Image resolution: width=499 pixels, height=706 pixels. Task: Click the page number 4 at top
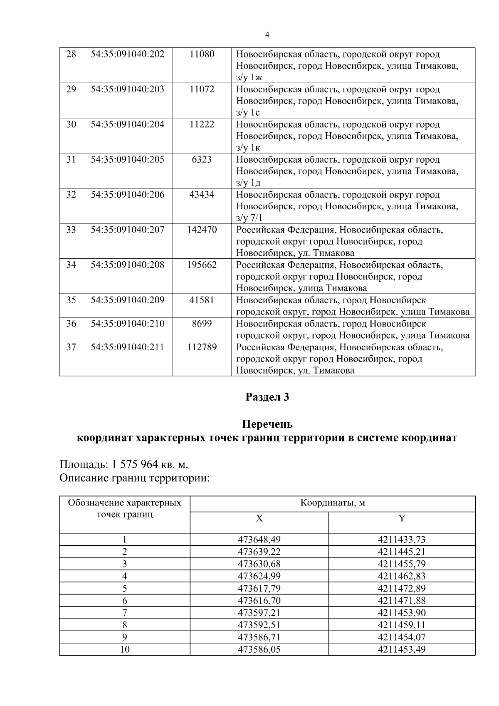[x=267, y=35]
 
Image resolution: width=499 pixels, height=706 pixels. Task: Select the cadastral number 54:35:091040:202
[x=127, y=54]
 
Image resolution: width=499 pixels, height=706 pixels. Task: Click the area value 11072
[x=202, y=89]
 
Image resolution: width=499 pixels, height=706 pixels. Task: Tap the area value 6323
[x=202, y=159]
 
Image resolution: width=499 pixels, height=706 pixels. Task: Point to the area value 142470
[x=202, y=230]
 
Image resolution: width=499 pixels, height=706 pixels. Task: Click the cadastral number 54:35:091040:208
[x=127, y=265]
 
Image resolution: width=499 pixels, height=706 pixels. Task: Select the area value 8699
[x=202, y=323]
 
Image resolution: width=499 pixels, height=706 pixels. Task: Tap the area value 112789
[x=202, y=347]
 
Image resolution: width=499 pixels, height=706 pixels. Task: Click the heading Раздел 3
[x=267, y=397]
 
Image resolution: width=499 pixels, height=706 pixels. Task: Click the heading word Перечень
[x=267, y=424]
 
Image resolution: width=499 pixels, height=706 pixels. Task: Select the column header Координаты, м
[x=332, y=503]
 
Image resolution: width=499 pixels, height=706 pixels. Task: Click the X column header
[x=259, y=518]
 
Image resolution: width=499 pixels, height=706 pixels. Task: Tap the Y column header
[x=402, y=518]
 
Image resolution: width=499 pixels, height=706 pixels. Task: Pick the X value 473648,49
[x=259, y=540]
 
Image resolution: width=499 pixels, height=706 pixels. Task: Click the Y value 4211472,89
[x=402, y=588]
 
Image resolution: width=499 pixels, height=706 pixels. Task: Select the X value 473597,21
[x=259, y=613]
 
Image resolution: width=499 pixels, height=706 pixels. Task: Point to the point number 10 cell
[x=124, y=649]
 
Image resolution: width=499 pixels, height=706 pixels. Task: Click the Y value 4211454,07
[x=402, y=637]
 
